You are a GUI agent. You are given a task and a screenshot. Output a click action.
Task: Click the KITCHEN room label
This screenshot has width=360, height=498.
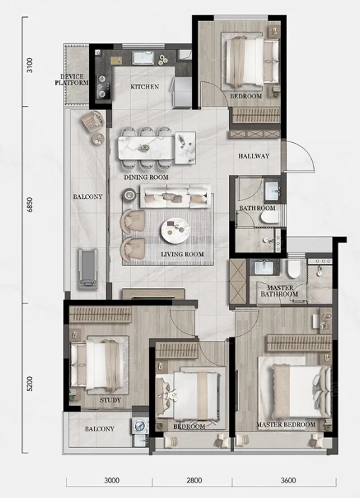click(145, 87)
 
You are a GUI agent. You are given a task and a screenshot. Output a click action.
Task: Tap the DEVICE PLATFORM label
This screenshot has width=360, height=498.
click(71, 80)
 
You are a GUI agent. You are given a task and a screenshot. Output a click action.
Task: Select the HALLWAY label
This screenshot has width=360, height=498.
click(254, 156)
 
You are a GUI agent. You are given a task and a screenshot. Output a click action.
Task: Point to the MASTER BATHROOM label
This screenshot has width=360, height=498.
click(279, 291)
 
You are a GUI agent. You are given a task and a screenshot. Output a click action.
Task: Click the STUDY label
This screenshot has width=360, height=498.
click(110, 400)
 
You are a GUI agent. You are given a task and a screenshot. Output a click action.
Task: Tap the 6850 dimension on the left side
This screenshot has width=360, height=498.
click(29, 205)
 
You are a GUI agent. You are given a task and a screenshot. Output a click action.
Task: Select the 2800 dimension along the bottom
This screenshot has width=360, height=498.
click(194, 480)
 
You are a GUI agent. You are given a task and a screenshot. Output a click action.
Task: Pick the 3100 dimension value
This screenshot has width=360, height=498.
click(29, 65)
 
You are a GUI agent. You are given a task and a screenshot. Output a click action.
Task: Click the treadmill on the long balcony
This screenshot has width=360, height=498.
click(87, 269)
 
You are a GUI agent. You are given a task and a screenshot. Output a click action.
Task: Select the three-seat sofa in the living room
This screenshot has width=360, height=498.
click(175, 196)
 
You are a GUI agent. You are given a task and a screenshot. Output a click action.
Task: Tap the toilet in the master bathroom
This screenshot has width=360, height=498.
click(294, 268)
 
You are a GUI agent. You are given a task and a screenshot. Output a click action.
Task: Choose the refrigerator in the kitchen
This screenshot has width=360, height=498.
click(182, 93)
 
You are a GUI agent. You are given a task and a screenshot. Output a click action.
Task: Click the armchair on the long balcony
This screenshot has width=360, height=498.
click(93, 122)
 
